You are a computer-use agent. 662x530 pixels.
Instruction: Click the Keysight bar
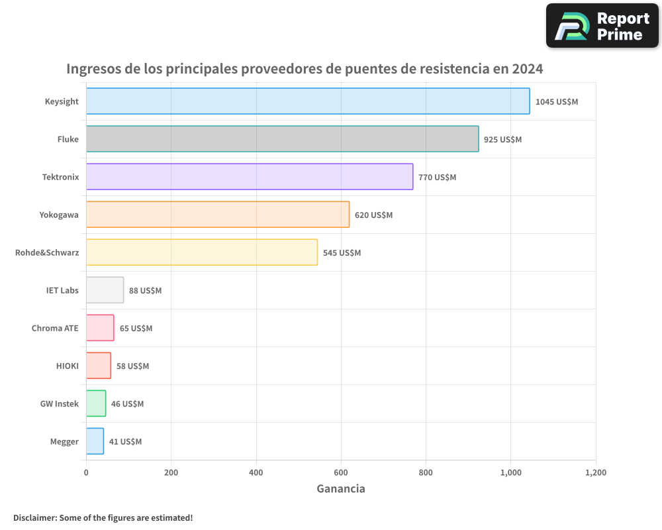(308, 101)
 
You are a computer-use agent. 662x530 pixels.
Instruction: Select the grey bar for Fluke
(282, 139)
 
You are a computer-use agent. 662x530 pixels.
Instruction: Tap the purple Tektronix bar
(250, 177)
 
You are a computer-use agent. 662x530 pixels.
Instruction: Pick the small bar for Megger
(95, 441)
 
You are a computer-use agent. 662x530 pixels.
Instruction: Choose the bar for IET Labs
(105, 290)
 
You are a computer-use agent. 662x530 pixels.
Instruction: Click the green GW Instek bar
(96, 403)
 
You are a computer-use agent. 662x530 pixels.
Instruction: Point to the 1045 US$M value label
(557, 102)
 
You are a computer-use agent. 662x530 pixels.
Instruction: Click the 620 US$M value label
(373, 215)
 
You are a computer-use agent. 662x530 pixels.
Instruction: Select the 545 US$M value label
(342, 253)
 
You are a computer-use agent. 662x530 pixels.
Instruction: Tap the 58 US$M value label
(132, 366)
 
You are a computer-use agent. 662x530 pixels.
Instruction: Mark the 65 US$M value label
(136, 329)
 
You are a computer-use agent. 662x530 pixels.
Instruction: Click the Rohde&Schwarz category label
(47, 252)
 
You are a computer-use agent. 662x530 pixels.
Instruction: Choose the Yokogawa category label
(59, 215)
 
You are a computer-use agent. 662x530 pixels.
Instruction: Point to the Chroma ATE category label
(55, 328)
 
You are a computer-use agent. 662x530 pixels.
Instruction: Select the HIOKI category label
(67, 366)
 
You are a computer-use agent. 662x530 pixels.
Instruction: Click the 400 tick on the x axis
(256, 472)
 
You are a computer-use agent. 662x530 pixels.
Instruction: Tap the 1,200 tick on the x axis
(595, 472)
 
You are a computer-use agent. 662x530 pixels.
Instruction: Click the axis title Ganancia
(341, 489)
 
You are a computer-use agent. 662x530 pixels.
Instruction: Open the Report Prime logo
(602, 26)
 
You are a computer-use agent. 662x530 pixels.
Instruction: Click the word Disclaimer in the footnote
(34, 517)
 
